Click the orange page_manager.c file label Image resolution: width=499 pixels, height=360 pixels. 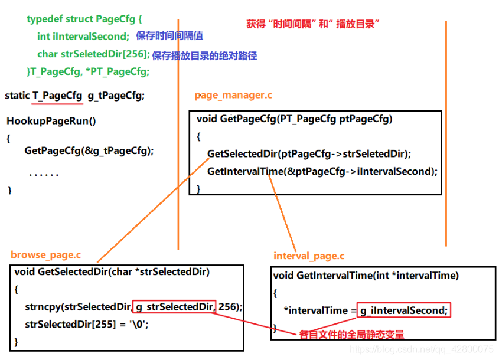(x=233, y=95)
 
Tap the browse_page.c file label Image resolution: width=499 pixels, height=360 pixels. (x=46, y=255)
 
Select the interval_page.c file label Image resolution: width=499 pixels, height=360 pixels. (x=309, y=256)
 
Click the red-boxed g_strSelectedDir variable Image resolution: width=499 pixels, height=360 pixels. (x=175, y=307)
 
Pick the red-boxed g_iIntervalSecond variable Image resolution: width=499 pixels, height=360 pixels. (x=403, y=310)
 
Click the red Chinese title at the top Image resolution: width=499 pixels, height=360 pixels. (x=312, y=24)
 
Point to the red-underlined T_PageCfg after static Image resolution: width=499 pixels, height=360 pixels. (x=58, y=95)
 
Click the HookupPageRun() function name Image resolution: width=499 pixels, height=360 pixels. (x=51, y=121)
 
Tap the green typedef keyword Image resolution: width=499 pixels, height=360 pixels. (x=45, y=19)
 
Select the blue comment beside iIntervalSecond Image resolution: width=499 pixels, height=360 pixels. (x=169, y=36)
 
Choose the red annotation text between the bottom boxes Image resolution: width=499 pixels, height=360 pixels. (x=351, y=335)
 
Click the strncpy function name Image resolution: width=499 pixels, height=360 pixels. (x=43, y=307)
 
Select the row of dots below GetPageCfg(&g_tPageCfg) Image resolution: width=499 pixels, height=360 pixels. (x=44, y=175)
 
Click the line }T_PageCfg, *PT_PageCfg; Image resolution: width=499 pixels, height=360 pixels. (x=87, y=71)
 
